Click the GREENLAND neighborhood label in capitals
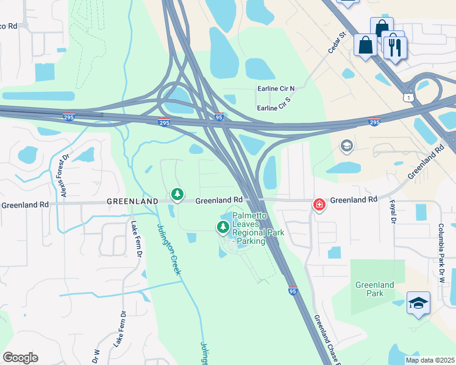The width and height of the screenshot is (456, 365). pos(132,201)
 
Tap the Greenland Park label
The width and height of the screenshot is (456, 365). pos(375,289)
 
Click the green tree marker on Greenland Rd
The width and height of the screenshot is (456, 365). pos(177,195)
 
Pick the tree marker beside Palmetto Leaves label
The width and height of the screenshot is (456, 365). pos(223,228)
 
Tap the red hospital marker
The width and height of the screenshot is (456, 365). pos(319,204)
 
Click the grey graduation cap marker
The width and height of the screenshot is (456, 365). pos(346,145)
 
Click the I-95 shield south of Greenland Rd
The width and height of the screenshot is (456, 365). pos(293,291)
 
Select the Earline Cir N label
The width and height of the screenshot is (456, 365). pos(276,89)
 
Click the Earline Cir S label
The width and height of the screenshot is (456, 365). pos(275,108)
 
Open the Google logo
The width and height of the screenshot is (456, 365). pos(20,358)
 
